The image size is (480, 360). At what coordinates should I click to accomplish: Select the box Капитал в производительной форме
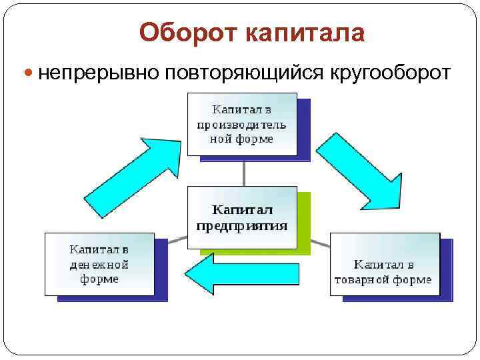click(x=242, y=125)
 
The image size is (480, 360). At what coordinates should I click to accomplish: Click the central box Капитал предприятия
click(x=242, y=217)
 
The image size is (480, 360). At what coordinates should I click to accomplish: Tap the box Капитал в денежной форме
click(x=99, y=264)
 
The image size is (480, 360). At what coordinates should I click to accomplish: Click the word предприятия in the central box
click(x=242, y=225)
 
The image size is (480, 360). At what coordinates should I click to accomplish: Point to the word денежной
click(x=99, y=265)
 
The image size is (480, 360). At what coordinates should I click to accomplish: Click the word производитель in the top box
click(x=242, y=125)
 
